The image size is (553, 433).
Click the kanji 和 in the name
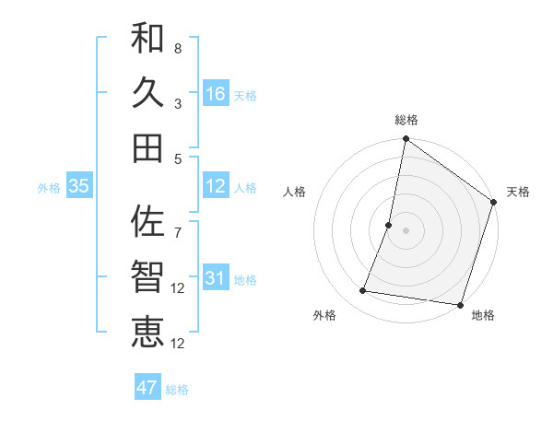tap(147, 39)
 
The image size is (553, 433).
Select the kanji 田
tap(147, 147)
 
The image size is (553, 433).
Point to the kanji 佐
tap(147, 221)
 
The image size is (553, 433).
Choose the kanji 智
tap(147, 276)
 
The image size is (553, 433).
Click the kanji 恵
tap(147, 331)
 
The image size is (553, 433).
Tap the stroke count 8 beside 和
tap(177, 48)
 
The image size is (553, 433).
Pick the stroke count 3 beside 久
tap(177, 103)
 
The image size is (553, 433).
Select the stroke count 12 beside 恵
tap(179, 343)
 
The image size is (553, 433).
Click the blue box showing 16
tap(216, 94)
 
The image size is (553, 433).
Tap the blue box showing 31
tap(216, 278)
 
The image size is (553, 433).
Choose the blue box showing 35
tap(78, 186)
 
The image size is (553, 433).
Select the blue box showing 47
tap(147, 388)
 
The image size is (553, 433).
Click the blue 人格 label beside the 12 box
tap(245, 187)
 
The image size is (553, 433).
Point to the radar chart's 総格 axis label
tap(406, 120)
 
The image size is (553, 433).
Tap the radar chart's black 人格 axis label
tap(295, 192)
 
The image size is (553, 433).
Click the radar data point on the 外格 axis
tap(363, 291)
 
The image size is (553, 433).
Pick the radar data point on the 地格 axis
tap(459, 304)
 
